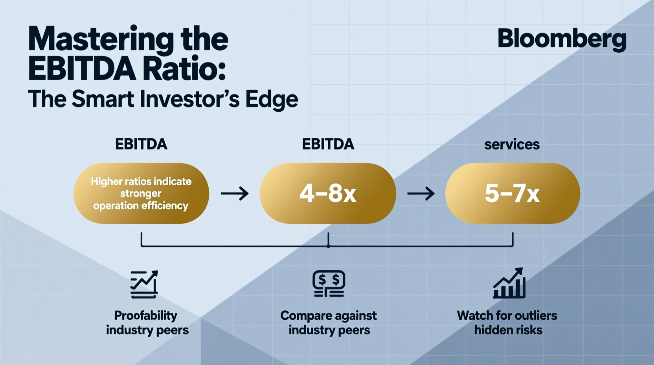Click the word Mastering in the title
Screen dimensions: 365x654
(x=100, y=39)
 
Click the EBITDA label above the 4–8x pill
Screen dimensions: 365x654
(x=328, y=144)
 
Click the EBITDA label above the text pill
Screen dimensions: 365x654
(x=141, y=144)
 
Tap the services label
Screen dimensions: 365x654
(x=512, y=144)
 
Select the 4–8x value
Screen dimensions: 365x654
(x=328, y=194)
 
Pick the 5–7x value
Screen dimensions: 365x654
(x=512, y=194)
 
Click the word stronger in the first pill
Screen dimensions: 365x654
(x=141, y=194)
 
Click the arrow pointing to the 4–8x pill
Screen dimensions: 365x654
(x=235, y=194)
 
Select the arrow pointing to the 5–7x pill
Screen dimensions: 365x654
(x=421, y=194)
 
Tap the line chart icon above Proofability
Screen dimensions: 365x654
(x=144, y=284)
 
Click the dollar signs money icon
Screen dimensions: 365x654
(x=329, y=284)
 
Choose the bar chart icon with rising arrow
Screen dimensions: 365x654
(x=509, y=283)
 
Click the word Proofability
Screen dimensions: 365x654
(x=145, y=315)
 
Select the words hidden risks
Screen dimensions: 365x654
(x=508, y=330)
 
